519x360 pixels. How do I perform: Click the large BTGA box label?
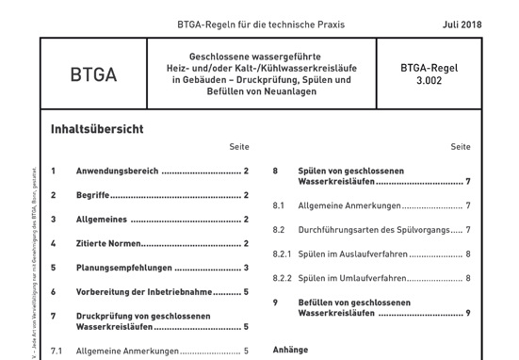pos(93,74)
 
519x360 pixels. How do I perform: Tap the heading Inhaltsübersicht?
pos(97,129)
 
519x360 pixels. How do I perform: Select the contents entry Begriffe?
pos(92,195)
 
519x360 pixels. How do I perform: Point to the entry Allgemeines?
pos(102,220)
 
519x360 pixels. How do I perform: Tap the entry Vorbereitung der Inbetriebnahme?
pos(144,292)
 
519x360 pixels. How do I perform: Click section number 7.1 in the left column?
pos(57,351)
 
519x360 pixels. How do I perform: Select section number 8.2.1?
pos(282,254)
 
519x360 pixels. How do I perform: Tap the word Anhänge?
pos(290,350)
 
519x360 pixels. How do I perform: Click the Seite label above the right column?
pos(460,147)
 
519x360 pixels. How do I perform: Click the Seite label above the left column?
pos(238,147)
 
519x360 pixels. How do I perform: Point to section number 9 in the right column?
pos(275,303)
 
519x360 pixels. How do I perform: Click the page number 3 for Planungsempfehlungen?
pos(246,268)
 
